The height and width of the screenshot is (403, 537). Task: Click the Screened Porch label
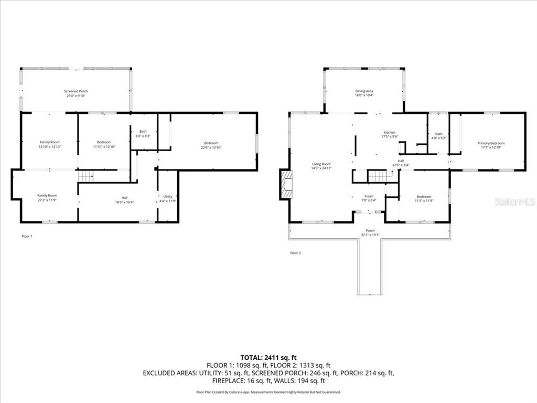(76, 91)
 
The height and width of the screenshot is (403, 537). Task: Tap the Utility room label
(168, 197)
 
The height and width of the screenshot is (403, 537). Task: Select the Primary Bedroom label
(491, 143)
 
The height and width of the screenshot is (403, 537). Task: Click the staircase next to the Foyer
(377, 176)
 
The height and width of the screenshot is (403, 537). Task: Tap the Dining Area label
(364, 91)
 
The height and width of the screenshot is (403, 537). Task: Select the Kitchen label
(390, 132)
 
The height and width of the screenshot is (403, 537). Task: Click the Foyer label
(369, 196)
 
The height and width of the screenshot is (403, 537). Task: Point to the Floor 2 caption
(295, 253)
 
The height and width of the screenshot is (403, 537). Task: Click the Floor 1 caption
(27, 237)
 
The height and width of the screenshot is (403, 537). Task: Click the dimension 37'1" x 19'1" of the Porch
(370, 235)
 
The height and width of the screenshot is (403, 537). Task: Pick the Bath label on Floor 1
(143, 131)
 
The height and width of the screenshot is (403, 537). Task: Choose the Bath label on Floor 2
(439, 134)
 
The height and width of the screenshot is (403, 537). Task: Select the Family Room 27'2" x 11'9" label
(47, 195)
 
